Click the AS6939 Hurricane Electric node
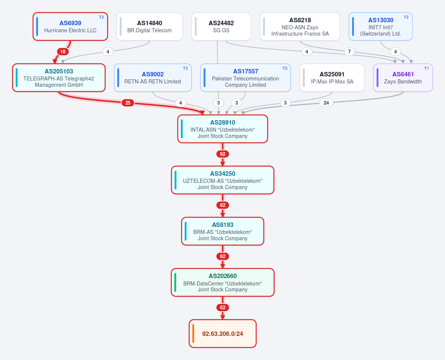70,26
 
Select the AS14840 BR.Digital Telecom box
150,26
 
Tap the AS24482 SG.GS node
221,26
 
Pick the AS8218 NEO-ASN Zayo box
300,26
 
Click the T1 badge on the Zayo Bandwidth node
426,68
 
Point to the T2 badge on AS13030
406,17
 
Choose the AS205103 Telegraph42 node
59,77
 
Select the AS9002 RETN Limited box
153,77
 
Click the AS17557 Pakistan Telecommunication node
245,77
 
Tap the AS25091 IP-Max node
332,77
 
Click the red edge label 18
63,52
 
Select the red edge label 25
128,103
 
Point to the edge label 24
326,103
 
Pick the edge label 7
349,52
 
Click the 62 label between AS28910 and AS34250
223,154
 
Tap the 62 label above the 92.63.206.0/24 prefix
223,307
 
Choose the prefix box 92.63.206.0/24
223,334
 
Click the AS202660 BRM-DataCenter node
223,283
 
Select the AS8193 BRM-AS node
223,231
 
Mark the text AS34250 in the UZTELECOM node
223,174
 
